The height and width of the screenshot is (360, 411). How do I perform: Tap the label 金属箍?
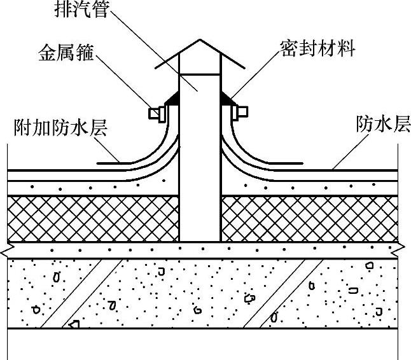click(66, 54)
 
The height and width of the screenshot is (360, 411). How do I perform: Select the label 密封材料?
click(317, 48)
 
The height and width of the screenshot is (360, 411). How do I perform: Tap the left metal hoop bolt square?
click(153, 113)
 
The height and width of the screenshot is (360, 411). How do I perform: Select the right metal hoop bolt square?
click(242, 113)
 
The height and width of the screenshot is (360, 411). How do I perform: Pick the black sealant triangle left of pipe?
click(172, 98)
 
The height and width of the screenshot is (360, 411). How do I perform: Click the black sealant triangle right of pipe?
click(226, 98)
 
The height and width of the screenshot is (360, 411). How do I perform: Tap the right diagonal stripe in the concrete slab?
click(274, 293)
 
